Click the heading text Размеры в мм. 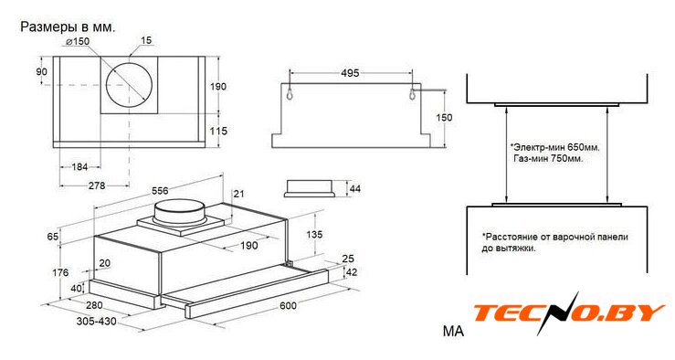click(x=68, y=27)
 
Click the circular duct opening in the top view click(x=129, y=85)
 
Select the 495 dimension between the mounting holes click(x=350, y=73)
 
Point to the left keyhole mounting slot click(x=290, y=93)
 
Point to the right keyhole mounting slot click(x=413, y=93)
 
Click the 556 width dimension click(x=159, y=190)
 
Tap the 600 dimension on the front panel click(x=288, y=305)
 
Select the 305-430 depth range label click(x=97, y=322)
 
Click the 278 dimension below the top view click(x=97, y=185)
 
